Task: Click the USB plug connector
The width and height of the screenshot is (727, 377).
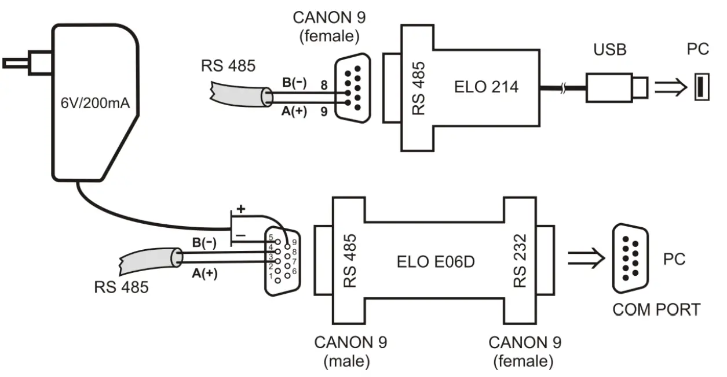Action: tap(617, 87)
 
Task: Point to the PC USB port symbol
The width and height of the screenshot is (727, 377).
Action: tap(701, 87)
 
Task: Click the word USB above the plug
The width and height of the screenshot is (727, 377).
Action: tap(609, 50)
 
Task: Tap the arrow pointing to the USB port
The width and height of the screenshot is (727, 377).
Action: tap(671, 87)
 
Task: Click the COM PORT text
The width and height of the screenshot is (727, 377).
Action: tap(656, 309)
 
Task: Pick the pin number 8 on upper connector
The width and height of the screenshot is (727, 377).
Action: tap(324, 84)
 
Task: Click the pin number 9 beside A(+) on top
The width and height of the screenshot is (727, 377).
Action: tap(324, 111)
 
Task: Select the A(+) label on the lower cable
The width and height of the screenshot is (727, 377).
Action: tap(204, 273)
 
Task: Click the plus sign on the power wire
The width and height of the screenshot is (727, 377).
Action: tap(240, 209)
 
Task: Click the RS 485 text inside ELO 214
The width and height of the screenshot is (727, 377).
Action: tap(419, 87)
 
